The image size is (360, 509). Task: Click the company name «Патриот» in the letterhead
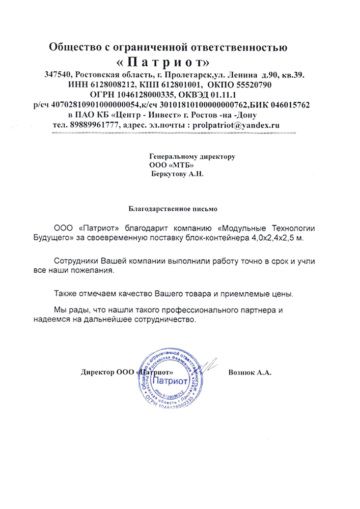click(169, 63)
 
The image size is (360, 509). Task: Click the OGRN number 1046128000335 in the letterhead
click(146, 94)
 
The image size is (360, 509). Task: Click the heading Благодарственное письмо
click(173, 208)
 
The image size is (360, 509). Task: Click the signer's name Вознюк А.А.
click(251, 372)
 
